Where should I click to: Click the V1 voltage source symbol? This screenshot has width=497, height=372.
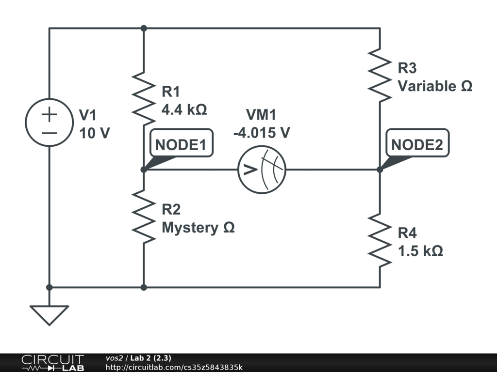(x=49, y=123)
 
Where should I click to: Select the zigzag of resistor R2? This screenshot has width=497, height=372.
(x=144, y=216)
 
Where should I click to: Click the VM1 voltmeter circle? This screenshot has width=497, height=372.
(x=262, y=170)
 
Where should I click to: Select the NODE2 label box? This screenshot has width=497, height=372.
(x=417, y=144)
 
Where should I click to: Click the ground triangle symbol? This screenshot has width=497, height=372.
(x=49, y=314)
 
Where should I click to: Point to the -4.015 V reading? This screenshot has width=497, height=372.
(x=261, y=132)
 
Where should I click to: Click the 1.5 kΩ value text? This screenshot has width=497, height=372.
(x=420, y=251)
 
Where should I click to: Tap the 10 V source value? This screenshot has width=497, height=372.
(x=94, y=133)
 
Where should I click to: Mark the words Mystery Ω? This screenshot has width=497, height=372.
(x=198, y=227)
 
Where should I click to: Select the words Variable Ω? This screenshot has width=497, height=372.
(x=435, y=86)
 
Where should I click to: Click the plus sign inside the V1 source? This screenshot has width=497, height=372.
(x=49, y=114)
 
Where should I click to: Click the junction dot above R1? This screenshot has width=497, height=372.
(x=144, y=28)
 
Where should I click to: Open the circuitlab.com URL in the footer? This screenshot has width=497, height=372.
(x=174, y=367)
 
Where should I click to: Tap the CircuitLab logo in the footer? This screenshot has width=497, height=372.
(x=51, y=362)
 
